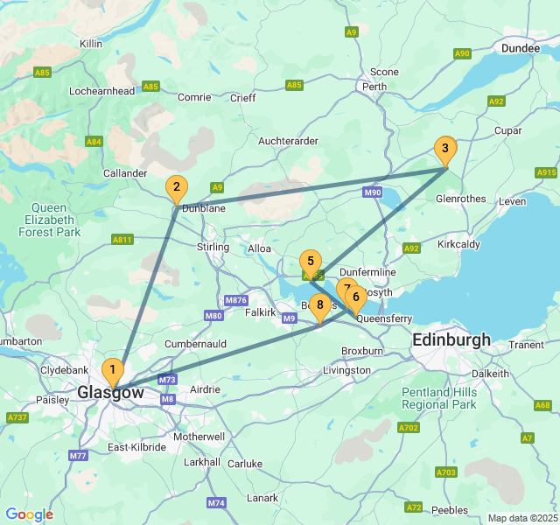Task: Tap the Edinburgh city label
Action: tap(451, 339)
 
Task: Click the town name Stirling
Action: tap(213, 248)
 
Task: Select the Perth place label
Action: tap(374, 87)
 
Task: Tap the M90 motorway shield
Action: tap(373, 192)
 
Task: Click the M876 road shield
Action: tap(235, 300)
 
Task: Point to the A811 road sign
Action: tap(122, 240)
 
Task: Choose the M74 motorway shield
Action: tap(216, 503)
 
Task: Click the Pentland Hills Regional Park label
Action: tap(439, 399)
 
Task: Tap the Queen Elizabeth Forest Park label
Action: tap(50, 220)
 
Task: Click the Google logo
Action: tap(29, 514)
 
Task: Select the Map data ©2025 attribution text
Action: tap(521, 518)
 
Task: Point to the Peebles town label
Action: tap(450, 509)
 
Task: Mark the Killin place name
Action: tap(91, 44)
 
